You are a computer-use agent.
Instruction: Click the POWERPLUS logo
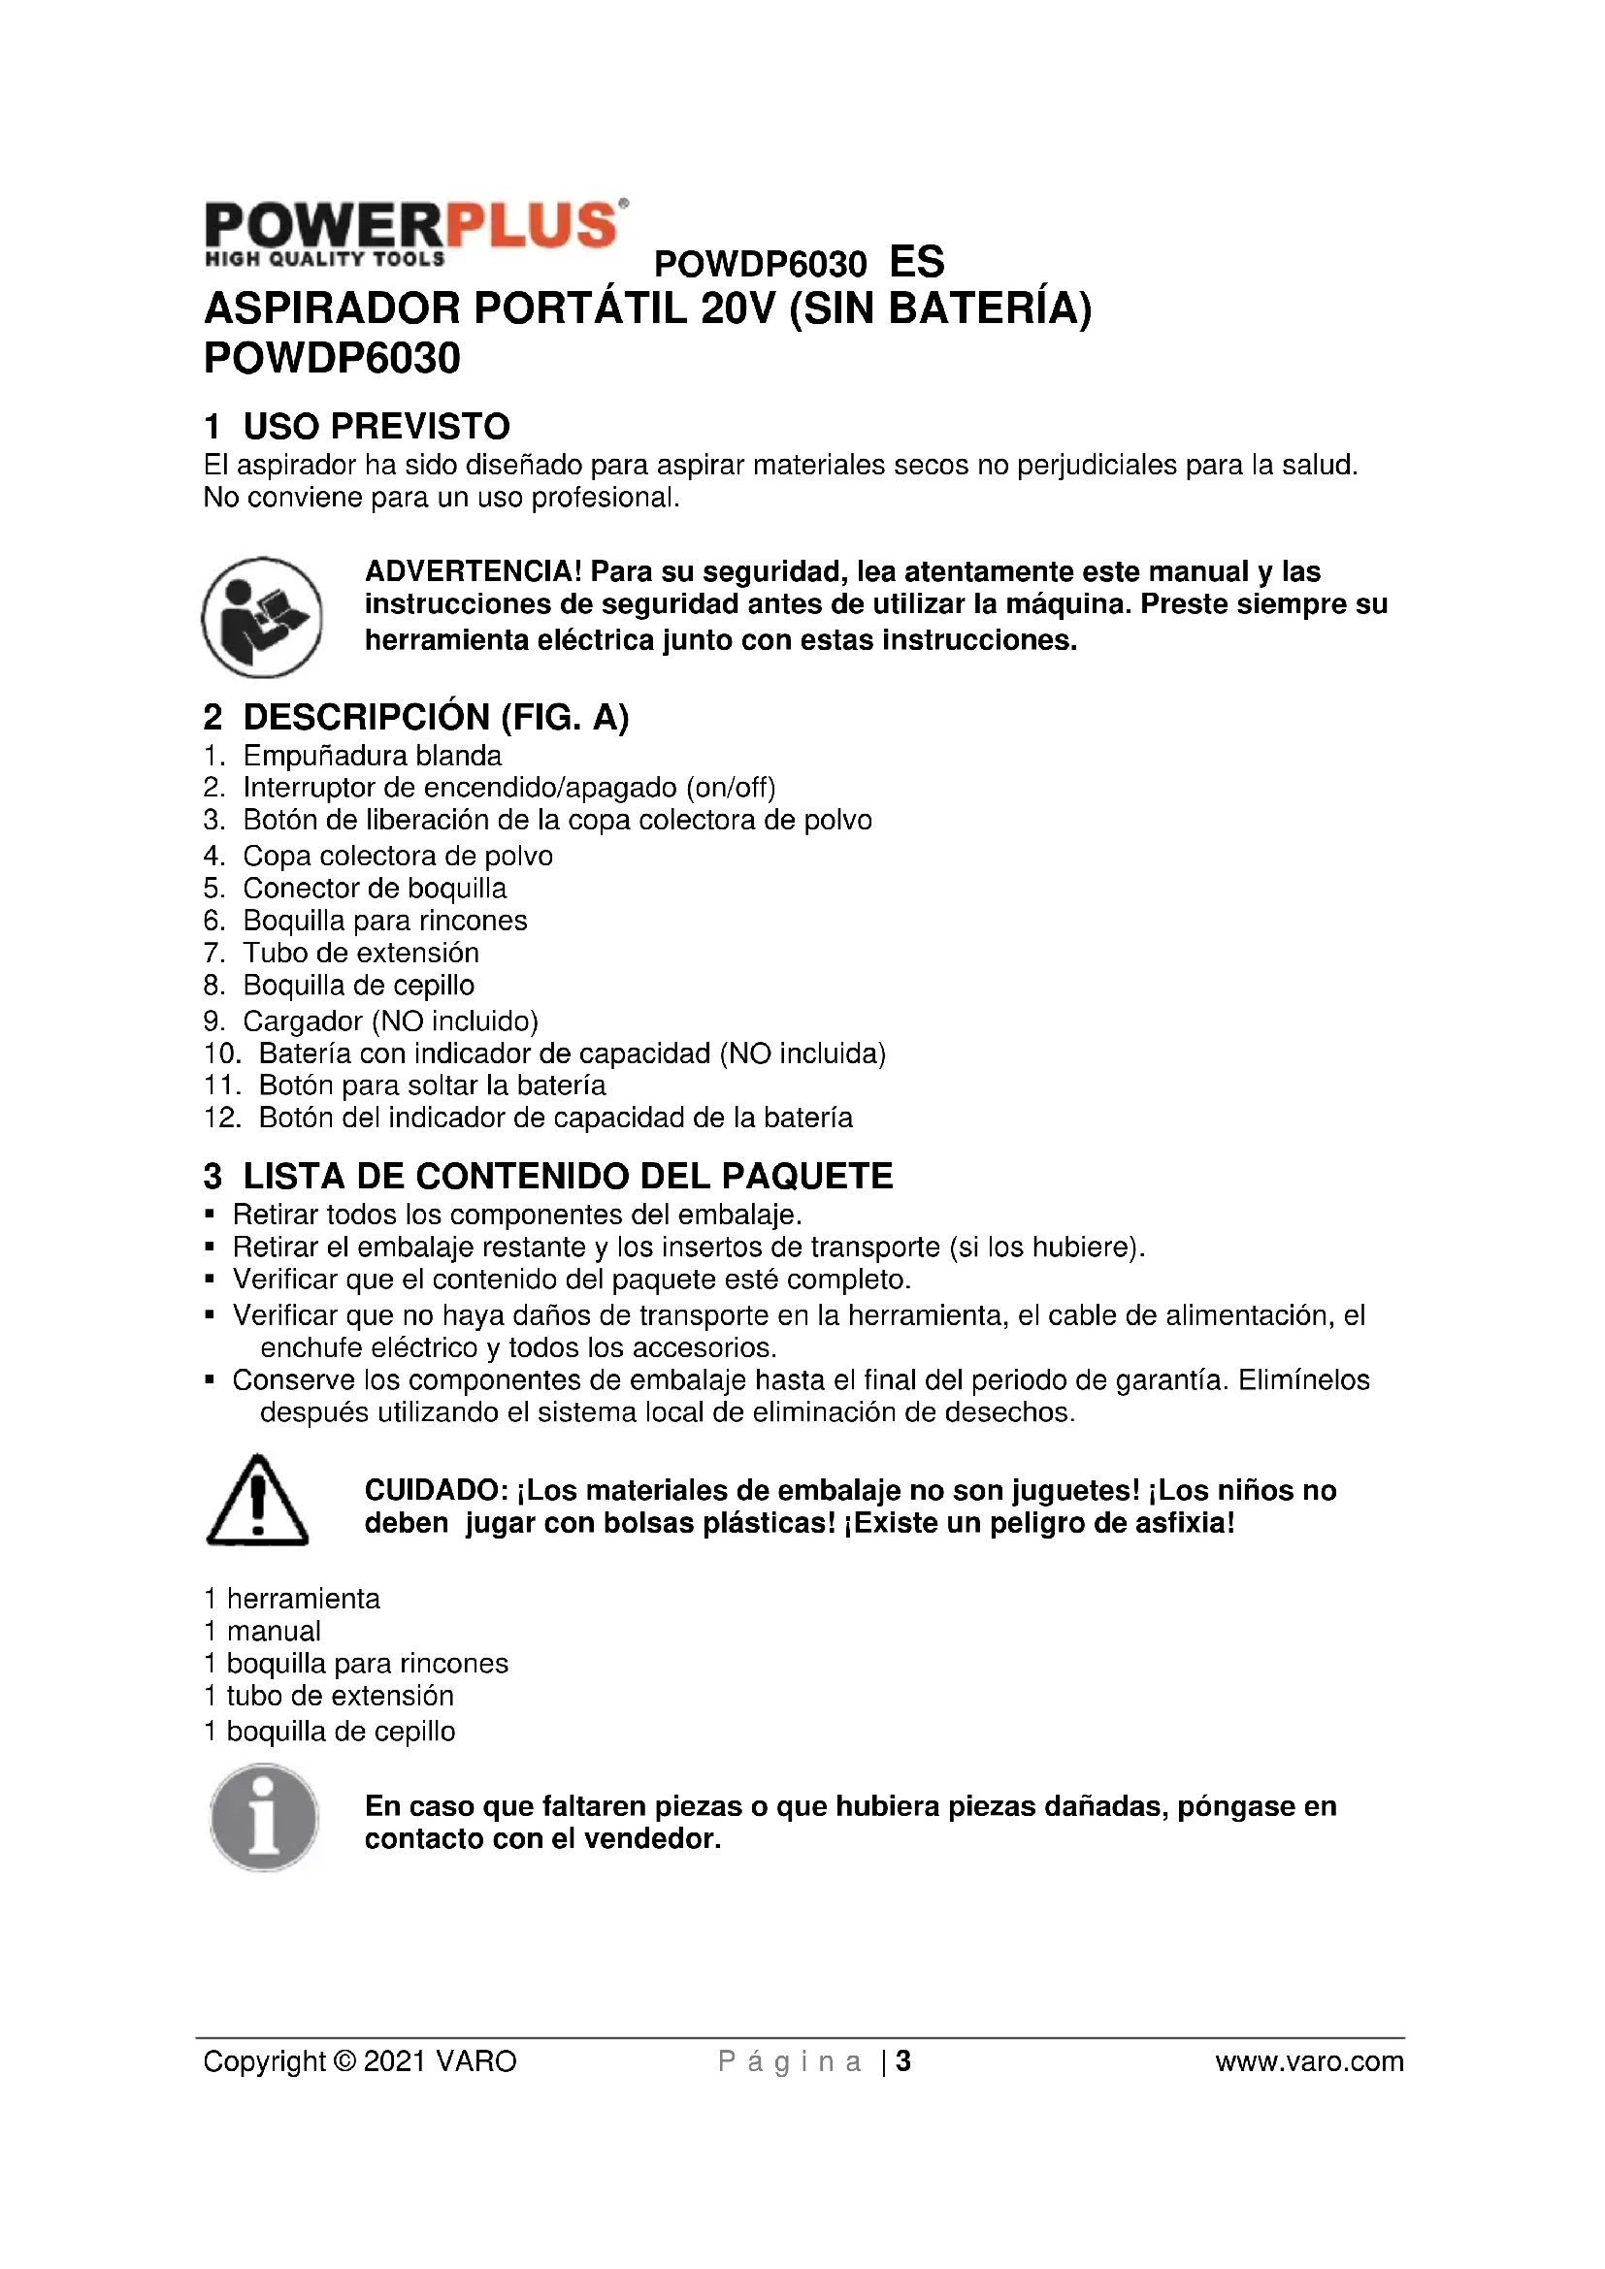point(415,233)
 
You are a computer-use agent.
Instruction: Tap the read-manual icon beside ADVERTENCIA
point(262,617)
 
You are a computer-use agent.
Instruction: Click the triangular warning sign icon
point(257,1501)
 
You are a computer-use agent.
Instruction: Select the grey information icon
point(264,1817)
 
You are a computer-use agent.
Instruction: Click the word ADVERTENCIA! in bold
point(474,571)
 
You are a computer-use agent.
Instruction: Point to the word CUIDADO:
point(436,1490)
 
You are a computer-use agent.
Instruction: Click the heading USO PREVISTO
point(376,427)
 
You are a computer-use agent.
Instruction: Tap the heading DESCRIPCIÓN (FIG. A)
point(435,718)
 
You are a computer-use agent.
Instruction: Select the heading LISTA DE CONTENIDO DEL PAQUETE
point(568,1176)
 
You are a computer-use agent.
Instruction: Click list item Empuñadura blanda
point(372,756)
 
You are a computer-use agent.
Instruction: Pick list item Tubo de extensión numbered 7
point(361,953)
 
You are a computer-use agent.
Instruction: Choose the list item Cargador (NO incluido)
point(390,1021)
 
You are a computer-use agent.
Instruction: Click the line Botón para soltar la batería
point(432,1086)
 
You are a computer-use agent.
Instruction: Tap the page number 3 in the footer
point(902,2061)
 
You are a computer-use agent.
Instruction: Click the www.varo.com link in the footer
point(1308,2061)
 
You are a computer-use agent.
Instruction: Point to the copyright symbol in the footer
point(344,2061)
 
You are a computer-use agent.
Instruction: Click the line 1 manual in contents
point(263,1632)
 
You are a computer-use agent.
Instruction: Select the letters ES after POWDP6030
point(916,263)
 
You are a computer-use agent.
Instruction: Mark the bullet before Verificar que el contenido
point(210,1280)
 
